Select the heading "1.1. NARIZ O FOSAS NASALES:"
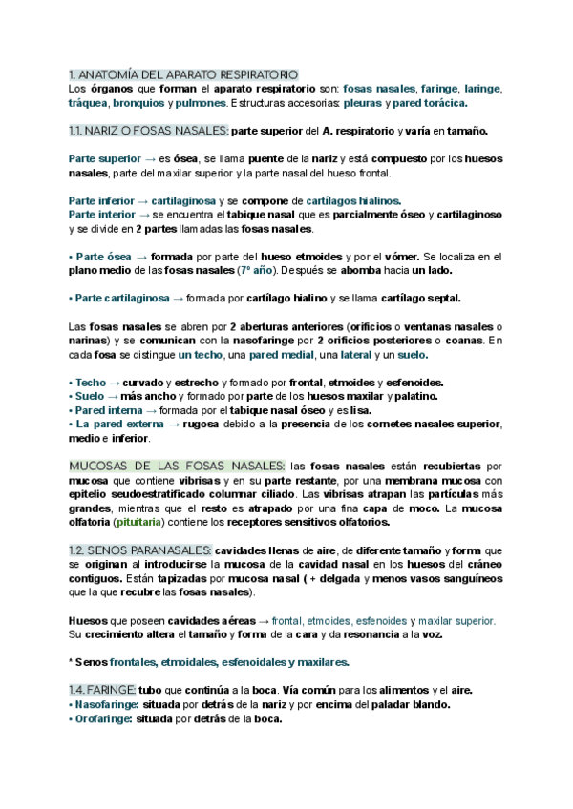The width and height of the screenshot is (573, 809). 149,130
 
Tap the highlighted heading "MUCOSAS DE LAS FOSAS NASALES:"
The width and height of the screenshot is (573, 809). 177,466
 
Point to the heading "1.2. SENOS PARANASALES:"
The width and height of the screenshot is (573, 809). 139,550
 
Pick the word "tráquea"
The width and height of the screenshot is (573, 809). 89,102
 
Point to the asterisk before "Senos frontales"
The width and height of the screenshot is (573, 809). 72,662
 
